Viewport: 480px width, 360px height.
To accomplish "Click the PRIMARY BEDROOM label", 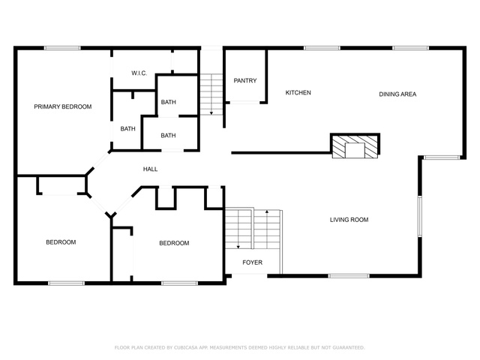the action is pyautogui.click(x=63, y=106).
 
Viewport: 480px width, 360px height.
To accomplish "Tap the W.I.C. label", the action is pyautogui.click(x=139, y=73).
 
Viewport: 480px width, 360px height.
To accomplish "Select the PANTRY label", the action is pyautogui.click(x=245, y=80).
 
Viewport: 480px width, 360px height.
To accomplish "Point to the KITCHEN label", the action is pyautogui.click(x=298, y=92).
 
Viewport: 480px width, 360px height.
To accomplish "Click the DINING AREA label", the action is pyautogui.click(x=397, y=94).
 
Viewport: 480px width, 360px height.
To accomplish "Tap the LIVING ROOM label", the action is pyautogui.click(x=349, y=220).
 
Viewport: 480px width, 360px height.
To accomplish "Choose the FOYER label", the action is pyautogui.click(x=252, y=262).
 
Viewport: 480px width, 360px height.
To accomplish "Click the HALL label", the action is pyautogui.click(x=150, y=169).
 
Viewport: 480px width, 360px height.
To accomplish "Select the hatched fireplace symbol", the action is pyautogui.click(x=355, y=146).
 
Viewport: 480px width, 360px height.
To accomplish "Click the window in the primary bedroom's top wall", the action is pyautogui.click(x=62, y=48).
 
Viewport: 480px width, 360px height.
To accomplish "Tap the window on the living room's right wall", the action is pyautogui.click(x=420, y=216).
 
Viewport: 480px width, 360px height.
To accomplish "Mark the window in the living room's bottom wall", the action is pyautogui.click(x=349, y=276).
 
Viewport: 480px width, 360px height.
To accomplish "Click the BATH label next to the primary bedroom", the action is pyautogui.click(x=127, y=129).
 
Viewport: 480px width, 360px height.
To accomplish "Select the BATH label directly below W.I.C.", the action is pyautogui.click(x=168, y=102).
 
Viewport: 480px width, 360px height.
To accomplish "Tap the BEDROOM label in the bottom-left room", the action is pyautogui.click(x=61, y=242).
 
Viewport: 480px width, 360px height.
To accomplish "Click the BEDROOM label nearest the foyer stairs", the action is pyautogui.click(x=174, y=243).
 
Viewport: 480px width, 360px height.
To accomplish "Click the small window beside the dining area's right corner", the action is pyautogui.click(x=441, y=157).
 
